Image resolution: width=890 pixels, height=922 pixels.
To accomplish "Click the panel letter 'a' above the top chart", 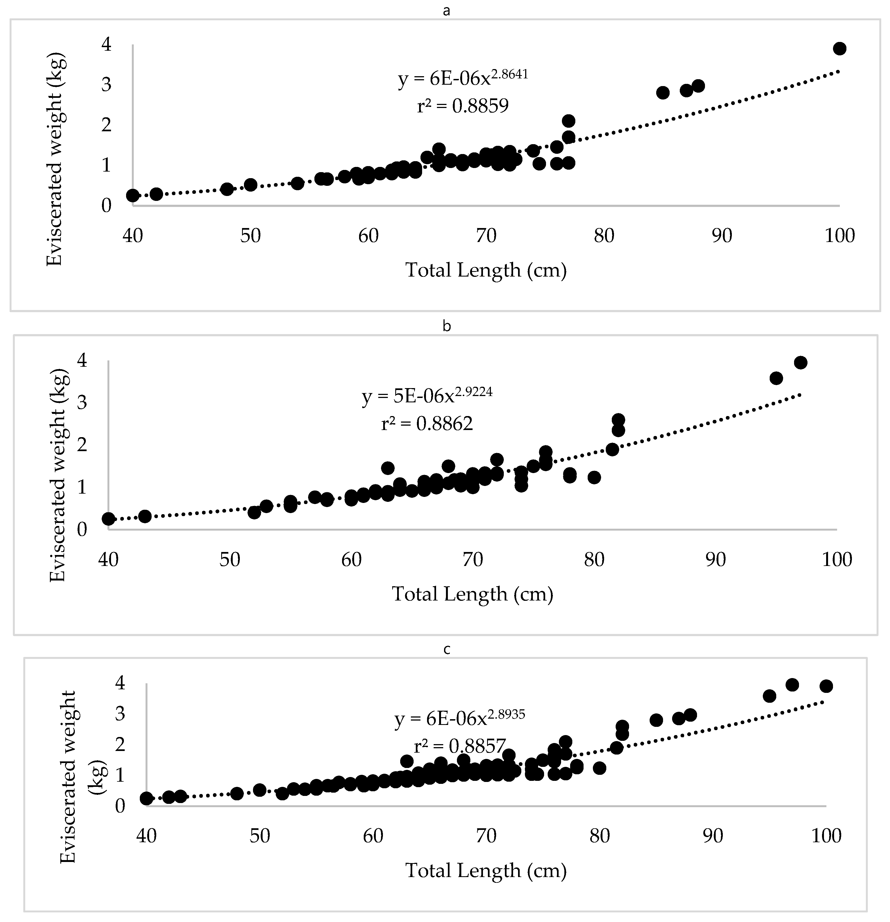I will (x=447, y=11).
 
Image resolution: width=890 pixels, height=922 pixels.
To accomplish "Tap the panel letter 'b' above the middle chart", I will (x=447, y=326).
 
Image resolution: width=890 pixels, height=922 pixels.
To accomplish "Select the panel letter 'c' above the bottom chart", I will (x=447, y=650).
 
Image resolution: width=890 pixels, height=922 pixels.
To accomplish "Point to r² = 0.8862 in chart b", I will (x=427, y=424).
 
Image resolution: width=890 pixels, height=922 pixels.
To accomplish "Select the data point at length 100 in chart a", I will (x=839, y=49).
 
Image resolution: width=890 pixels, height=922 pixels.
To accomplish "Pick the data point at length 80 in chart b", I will (x=594, y=477).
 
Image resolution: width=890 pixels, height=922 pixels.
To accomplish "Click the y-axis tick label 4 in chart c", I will (x=120, y=682).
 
